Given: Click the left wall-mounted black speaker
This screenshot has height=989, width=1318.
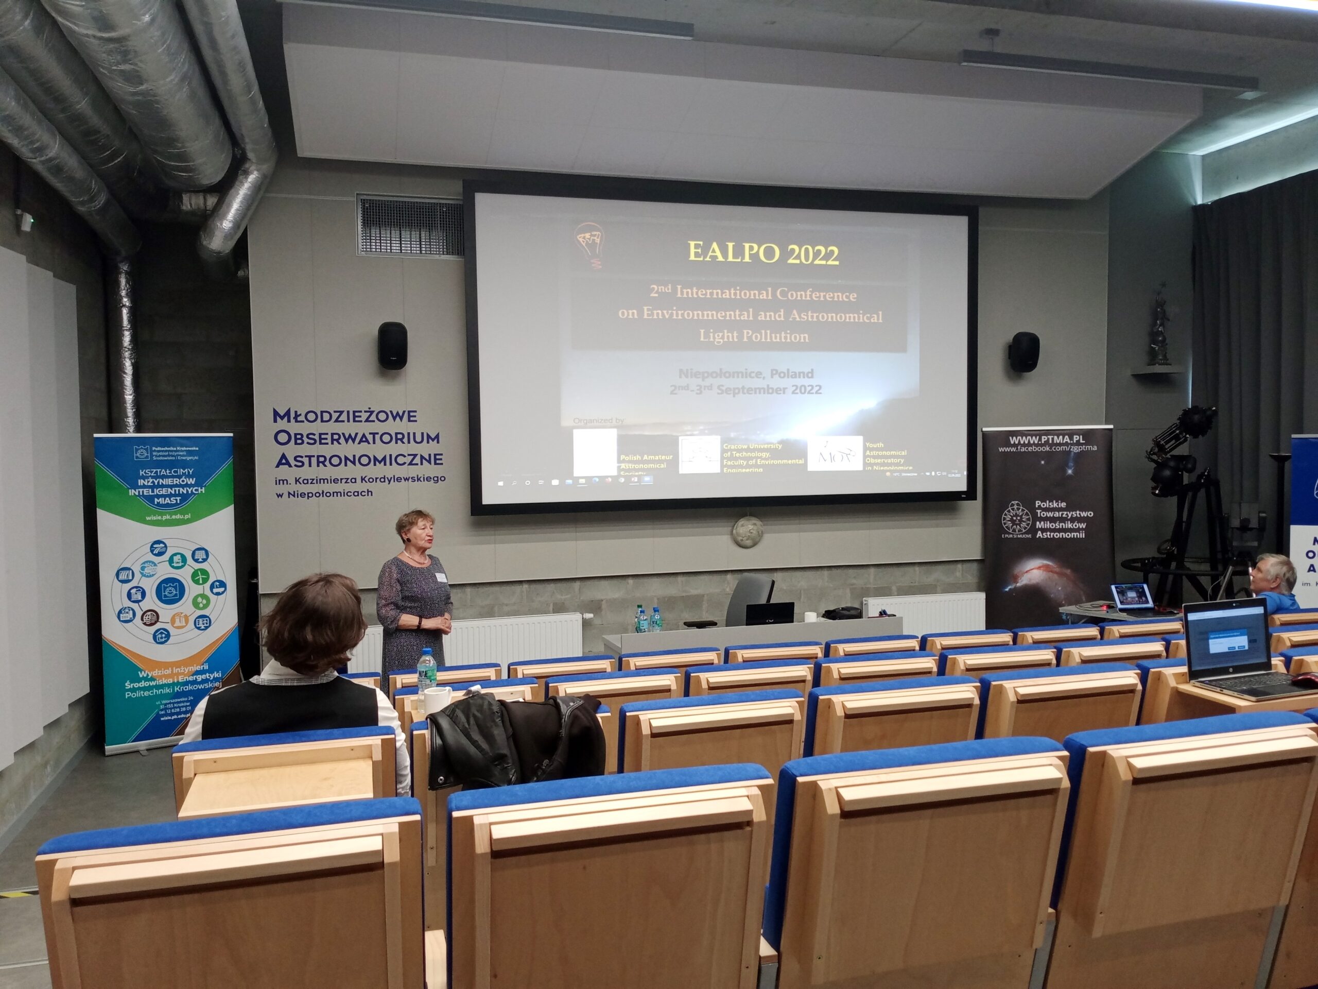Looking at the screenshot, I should point(392,345).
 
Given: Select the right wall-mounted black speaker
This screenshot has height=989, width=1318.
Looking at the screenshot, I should point(1024,352).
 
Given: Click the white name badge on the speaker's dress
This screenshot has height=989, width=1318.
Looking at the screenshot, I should point(440,577).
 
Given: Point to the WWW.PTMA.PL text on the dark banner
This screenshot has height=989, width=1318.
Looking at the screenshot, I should point(1047,440).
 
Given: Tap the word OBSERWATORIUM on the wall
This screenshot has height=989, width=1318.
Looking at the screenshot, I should point(356,437).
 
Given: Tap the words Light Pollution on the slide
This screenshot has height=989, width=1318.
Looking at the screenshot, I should point(754,336).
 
